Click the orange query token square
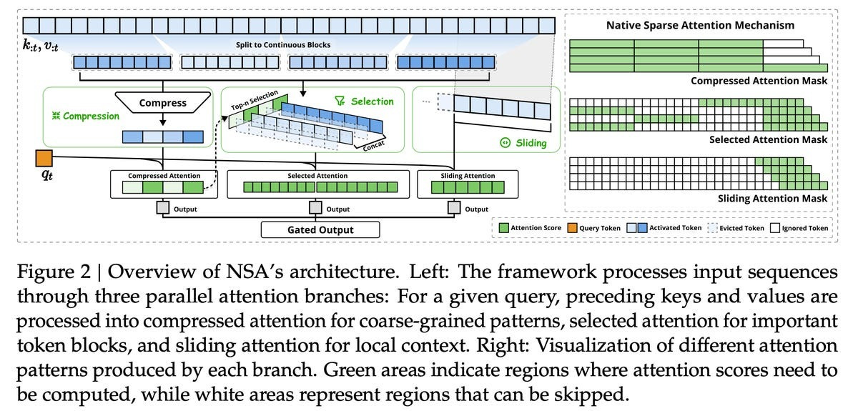(44, 158)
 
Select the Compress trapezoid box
(162, 103)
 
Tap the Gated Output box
(320, 229)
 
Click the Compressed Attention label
(164, 176)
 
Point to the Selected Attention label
(317, 176)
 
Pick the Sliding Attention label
(465, 176)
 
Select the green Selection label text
(371, 101)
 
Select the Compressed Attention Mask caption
(759, 81)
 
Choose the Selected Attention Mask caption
(768, 139)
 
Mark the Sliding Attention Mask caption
(772, 198)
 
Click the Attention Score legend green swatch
(503, 229)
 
